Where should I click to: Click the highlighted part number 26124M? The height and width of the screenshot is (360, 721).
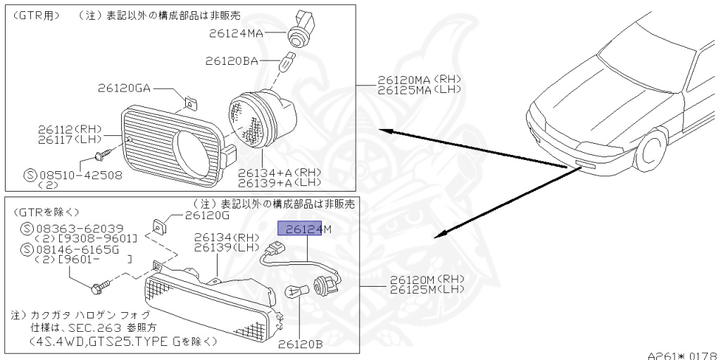click(304, 228)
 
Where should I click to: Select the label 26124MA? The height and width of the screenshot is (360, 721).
click(235, 32)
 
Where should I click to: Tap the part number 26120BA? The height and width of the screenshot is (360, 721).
click(232, 61)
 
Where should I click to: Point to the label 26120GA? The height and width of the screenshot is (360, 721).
click(124, 88)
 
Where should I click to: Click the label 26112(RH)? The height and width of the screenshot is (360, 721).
click(70, 129)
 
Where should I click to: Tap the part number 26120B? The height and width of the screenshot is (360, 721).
click(300, 345)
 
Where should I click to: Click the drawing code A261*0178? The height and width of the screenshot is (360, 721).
click(683, 355)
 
